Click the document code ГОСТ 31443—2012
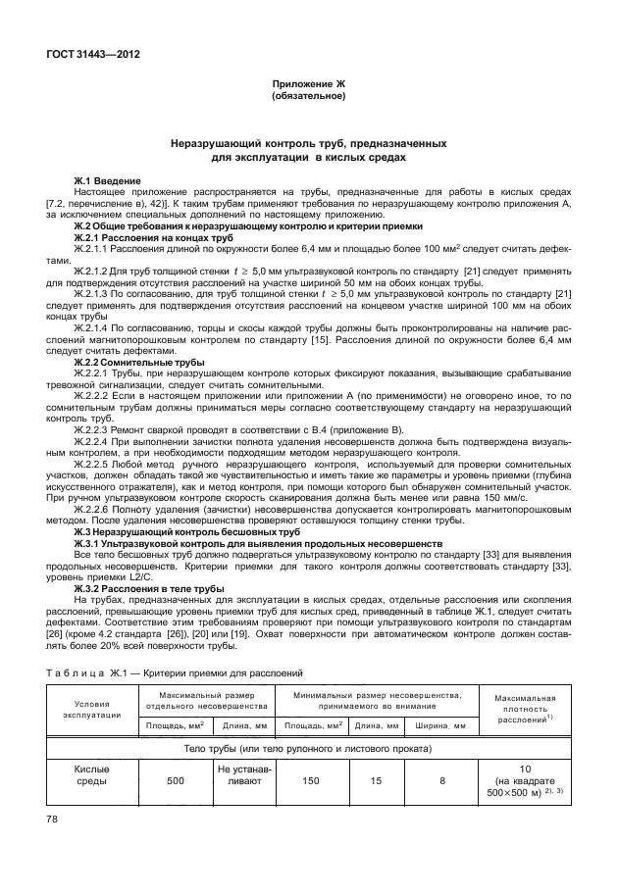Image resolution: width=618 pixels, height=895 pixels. pos(91,55)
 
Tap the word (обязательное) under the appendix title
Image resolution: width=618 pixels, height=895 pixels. pos(308,98)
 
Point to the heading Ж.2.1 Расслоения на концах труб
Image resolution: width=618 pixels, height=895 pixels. pos(154,237)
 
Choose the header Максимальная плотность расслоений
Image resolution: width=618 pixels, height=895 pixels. pos(525,711)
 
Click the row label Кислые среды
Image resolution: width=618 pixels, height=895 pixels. pos(92,777)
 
